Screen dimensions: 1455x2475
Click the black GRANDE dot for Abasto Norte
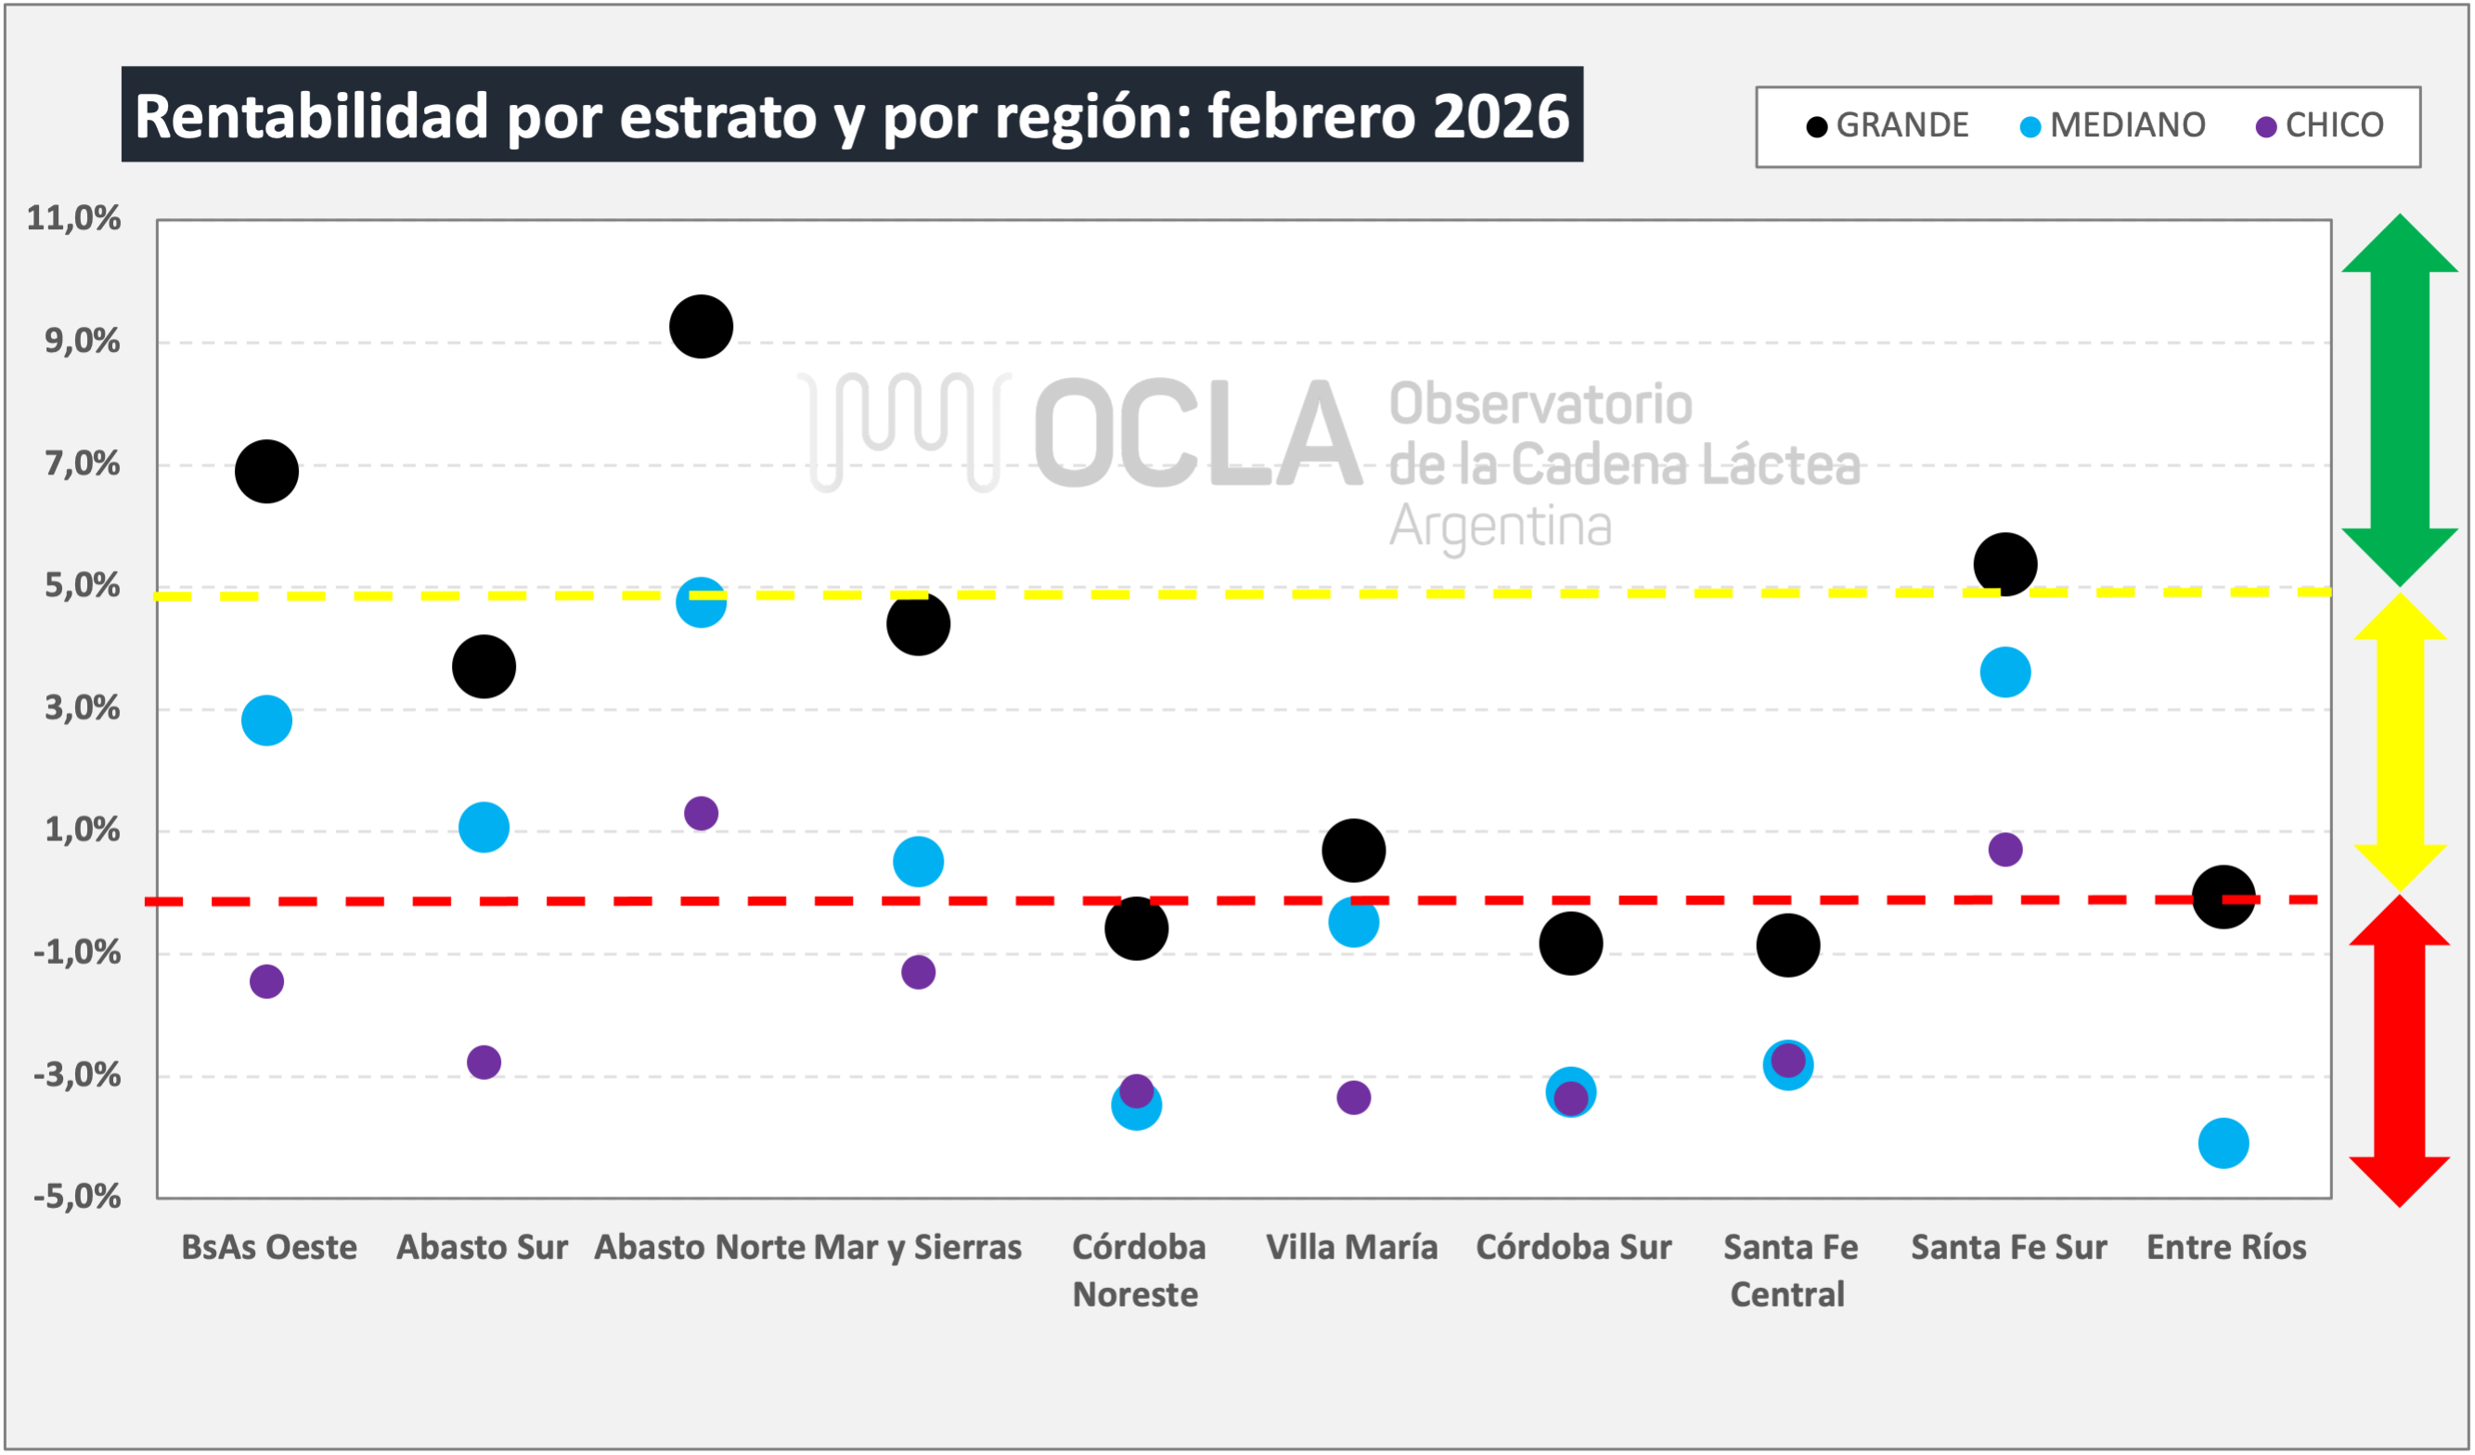(x=702, y=326)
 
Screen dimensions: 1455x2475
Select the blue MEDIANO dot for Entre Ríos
(x=2223, y=1143)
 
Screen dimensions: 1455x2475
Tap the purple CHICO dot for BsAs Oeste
(x=266, y=981)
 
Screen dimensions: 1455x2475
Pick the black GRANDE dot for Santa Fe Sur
(x=2004, y=564)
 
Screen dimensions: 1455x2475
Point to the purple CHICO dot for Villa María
(x=1353, y=1098)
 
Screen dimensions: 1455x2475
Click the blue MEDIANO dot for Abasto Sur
(x=484, y=826)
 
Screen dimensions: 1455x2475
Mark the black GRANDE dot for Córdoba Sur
(x=1570, y=943)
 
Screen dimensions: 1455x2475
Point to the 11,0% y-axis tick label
(x=73, y=218)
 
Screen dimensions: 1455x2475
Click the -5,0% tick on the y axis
(x=77, y=1197)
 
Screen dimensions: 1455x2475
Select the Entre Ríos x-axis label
(x=2226, y=1247)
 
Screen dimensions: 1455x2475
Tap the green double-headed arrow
(x=2400, y=400)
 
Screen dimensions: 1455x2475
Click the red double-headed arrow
(x=2400, y=1051)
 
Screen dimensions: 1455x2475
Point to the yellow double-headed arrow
(x=2400, y=742)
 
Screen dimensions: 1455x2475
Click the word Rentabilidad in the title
(x=311, y=116)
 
